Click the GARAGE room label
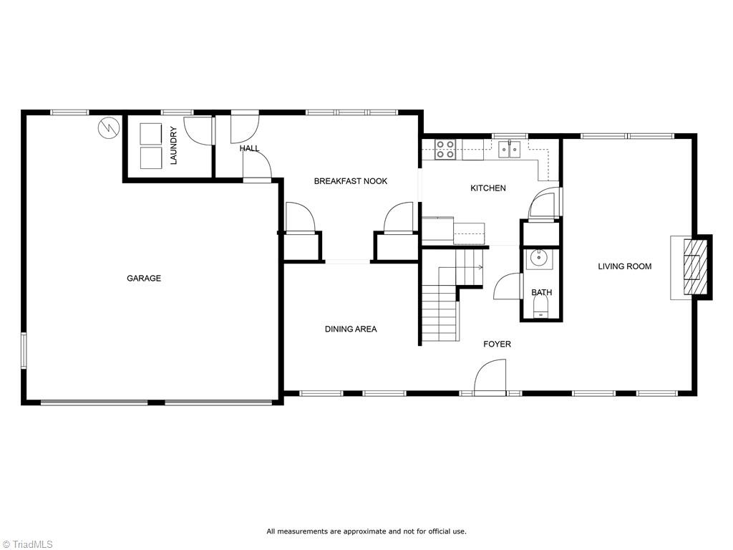coord(144,279)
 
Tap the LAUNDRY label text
coord(173,145)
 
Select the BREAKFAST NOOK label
coord(351,181)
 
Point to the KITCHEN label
coord(487,188)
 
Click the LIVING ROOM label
coord(625,266)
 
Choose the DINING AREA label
coord(351,329)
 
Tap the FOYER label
coord(497,344)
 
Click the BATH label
coord(541,292)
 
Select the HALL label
coord(249,148)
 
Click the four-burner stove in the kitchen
coord(445,149)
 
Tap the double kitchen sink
coord(510,149)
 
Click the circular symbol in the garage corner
coord(108,128)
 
